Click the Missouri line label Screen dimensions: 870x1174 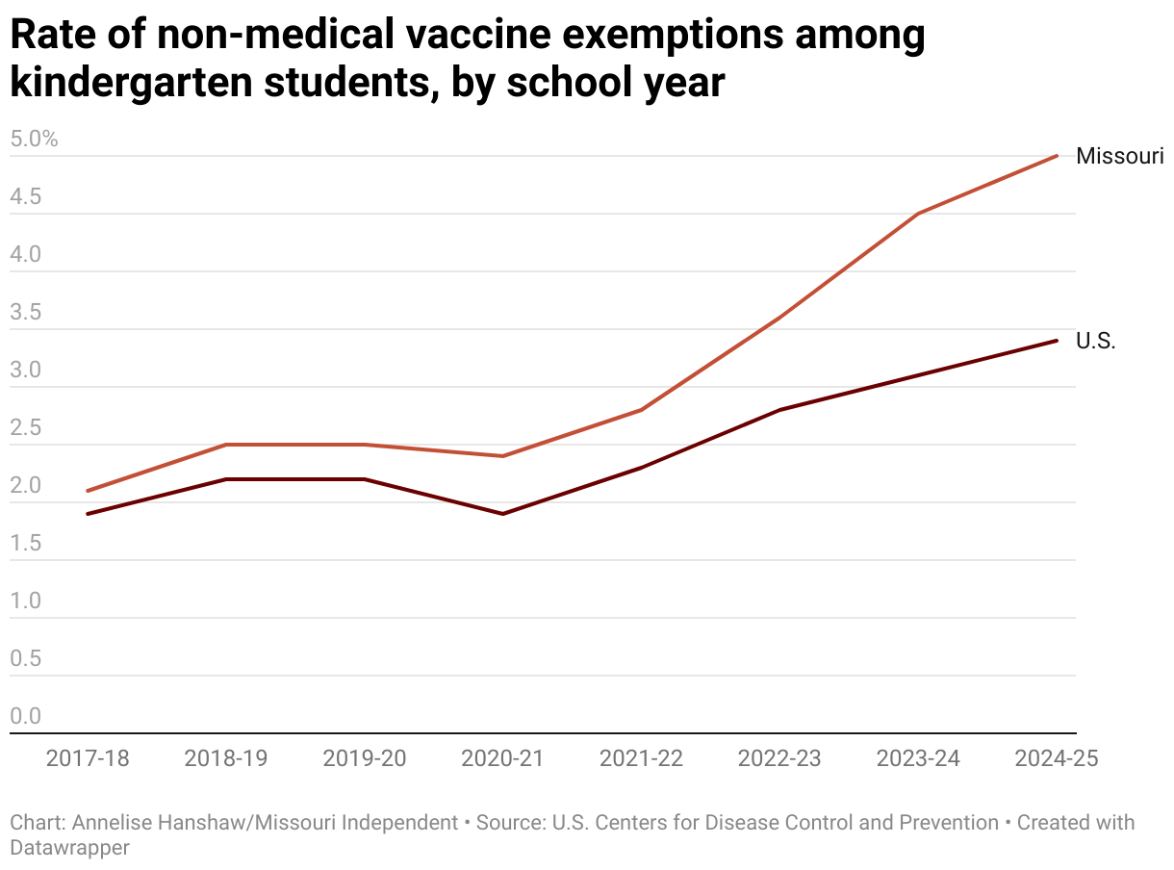[x=1120, y=156]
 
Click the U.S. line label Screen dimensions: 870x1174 [x=1095, y=341]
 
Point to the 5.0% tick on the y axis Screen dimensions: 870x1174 [x=35, y=140]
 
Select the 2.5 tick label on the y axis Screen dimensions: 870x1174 [x=26, y=428]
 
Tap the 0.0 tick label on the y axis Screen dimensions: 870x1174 [x=26, y=717]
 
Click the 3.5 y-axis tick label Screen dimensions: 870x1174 [x=26, y=313]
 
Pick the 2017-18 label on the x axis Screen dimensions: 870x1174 [x=88, y=758]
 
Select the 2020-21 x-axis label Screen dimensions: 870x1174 [x=502, y=758]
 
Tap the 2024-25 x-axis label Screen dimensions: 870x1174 [x=1057, y=758]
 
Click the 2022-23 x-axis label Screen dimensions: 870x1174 [x=779, y=758]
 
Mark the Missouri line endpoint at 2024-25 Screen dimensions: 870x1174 [x=1057, y=156]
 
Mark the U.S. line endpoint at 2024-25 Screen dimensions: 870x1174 [x=1057, y=341]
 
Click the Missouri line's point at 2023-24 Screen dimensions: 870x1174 [x=918, y=214]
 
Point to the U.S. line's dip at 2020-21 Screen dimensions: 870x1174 [x=502, y=514]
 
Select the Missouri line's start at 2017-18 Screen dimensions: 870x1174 [x=88, y=491]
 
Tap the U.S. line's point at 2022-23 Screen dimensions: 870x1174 [x=779, y=410]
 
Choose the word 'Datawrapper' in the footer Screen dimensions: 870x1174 [x=69, y=848]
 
